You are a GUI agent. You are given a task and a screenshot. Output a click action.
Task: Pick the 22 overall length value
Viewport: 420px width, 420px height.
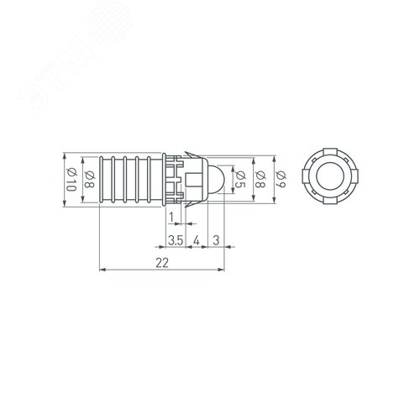(x=162, y=263)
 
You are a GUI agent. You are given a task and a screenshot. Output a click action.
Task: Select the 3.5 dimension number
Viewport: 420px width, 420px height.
(x=175, y=241)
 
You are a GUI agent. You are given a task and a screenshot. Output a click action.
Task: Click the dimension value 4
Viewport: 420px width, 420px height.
(x=197, y=241)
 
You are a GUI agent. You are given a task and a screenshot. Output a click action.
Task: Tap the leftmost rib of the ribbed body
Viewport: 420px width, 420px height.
(x=103, y=179)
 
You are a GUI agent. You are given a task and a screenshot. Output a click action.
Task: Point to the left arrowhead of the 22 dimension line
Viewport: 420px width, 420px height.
(x=103, y=270)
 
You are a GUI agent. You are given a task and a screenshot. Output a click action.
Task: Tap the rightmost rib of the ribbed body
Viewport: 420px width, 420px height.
(x=158, y=179)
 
